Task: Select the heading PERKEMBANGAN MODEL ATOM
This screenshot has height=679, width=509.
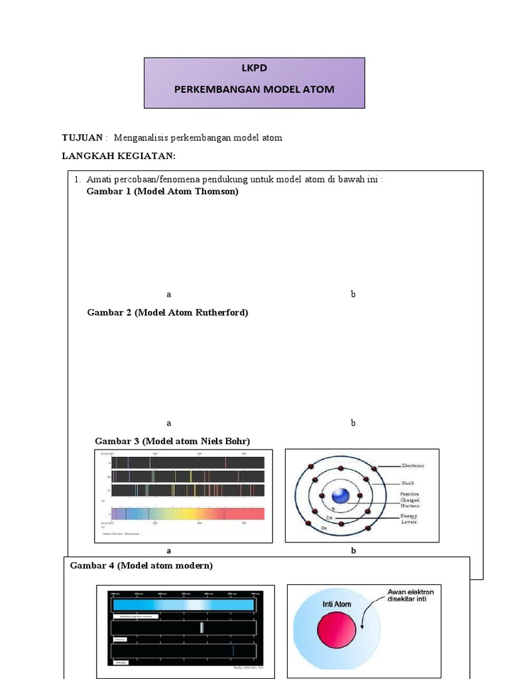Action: pos(254,89)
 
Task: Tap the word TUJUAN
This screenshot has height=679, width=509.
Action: pos(82,138)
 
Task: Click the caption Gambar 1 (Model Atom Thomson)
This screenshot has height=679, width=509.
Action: pos(162,192)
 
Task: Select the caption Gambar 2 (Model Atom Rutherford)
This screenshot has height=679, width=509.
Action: pos(168,312)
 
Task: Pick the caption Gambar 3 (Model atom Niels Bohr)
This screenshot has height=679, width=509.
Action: pos(172,441)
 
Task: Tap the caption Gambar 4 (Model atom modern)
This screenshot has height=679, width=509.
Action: pos(142,566)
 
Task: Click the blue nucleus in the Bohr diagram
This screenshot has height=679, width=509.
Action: pos(341,496)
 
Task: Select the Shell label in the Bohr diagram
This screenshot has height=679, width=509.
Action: pos(408,484)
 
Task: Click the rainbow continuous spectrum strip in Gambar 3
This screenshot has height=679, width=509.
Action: pos(188,513)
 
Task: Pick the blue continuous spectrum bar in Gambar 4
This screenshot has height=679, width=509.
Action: pos(184,605)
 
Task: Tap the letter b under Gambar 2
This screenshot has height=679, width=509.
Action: pos(353,422)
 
